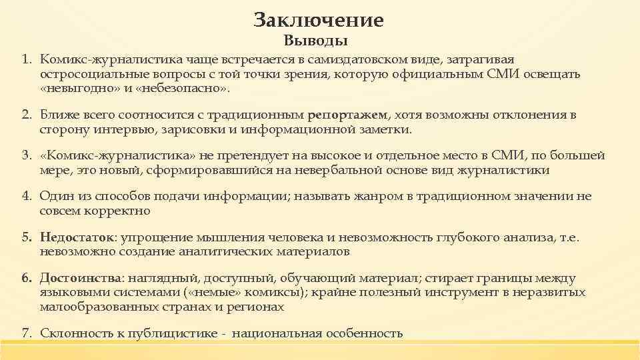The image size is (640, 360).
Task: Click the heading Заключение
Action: pos(319,20)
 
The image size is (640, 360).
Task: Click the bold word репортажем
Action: pos(348,115)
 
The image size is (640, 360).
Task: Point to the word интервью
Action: pos(112,129)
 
